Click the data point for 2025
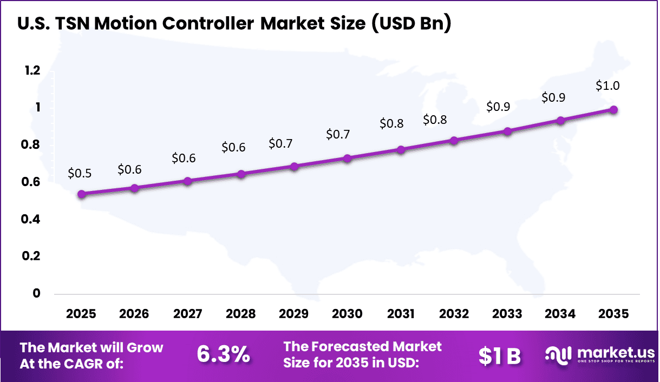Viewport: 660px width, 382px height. (x=81, y=194)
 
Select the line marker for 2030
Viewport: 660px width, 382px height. (x=348, y=159)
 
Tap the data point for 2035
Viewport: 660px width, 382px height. (x=613, y=110)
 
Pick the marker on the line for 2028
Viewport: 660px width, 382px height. (x=241, y=174)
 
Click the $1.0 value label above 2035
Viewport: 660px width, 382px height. (x=607, y=85)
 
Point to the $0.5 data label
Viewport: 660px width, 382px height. (x=80, y=173)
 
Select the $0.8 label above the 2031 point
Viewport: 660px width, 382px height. (x=391, y=123)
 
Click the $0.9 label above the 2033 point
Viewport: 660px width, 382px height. (x=498, y=107)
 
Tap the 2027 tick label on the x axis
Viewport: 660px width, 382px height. (x=187, y=314)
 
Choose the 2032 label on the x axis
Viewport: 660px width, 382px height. (x=454, y=314)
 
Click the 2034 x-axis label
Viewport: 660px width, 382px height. (x=560, y=314)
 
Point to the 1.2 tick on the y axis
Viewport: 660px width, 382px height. (x=31, y=71)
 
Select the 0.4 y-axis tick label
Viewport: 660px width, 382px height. (x=31, y=219)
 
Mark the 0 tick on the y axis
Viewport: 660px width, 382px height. (x=37, y=293)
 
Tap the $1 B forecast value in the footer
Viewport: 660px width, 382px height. (x=499, y=356)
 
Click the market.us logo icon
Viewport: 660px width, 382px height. (x=559, y=355)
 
